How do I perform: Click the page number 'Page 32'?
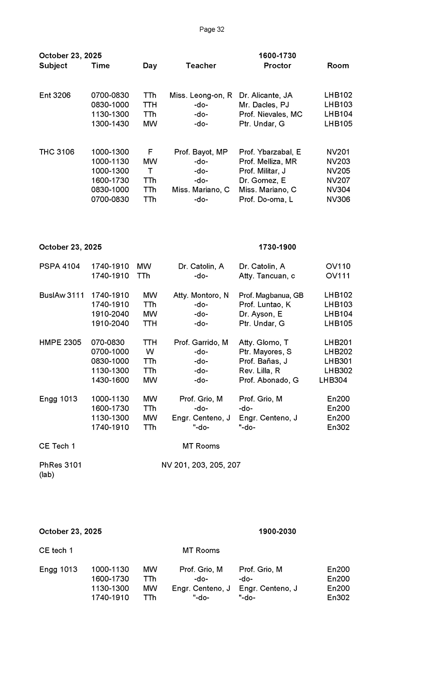coord(212,29)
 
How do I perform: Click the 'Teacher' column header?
coord(201,66)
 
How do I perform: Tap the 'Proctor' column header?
coord(277,66)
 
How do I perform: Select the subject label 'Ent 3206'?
coord(55,95)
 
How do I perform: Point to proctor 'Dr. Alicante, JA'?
coord(266,95)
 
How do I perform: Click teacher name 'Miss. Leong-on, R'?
coord(201,95)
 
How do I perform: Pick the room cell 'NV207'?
coord(338,180)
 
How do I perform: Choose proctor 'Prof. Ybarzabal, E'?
coord(270,152)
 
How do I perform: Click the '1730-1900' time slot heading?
coord(277,247)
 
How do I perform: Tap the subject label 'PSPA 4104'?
coord(59,267)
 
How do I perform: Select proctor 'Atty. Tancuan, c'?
coord(267,276)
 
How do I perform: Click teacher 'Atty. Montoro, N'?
coord(201,295)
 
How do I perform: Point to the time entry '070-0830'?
coord(108,342)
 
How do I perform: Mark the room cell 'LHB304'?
coord(333,380)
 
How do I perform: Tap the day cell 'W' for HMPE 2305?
coord(150,352)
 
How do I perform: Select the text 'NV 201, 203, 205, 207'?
coord(201,465)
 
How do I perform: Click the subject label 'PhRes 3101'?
coord(60,465)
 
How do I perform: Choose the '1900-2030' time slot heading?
coord(277,531)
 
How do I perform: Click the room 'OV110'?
coord(338,267)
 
